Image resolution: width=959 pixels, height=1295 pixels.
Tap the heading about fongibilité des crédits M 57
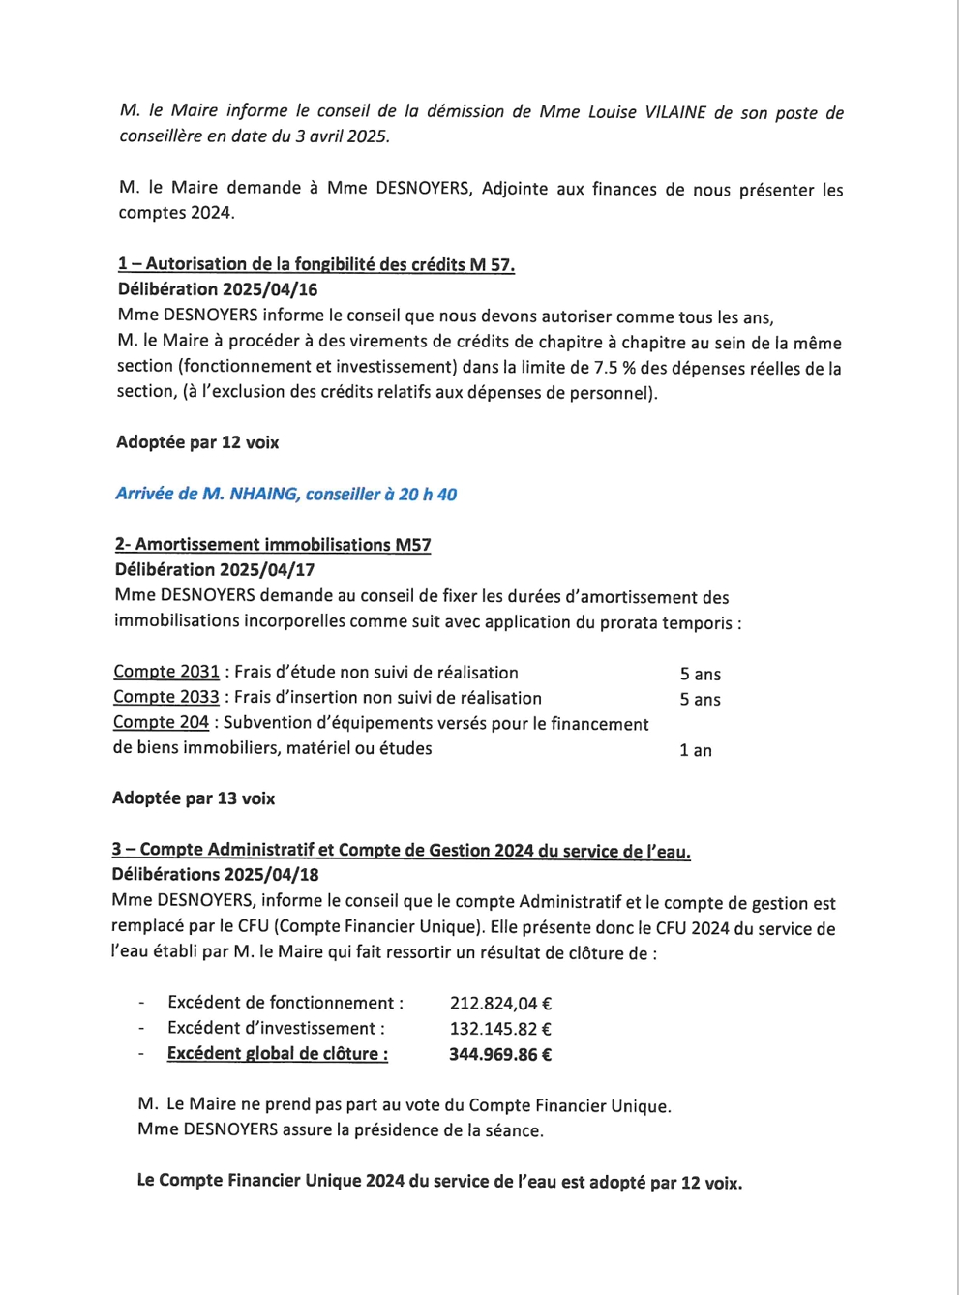316,264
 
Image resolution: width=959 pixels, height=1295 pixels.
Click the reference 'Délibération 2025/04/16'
218,289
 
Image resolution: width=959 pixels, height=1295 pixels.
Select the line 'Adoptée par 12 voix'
197,442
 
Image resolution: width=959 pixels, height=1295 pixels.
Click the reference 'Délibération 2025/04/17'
215,570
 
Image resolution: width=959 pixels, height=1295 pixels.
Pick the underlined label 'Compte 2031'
166,672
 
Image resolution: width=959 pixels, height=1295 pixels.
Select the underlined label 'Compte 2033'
166,697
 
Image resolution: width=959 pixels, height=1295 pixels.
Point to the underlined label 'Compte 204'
161,722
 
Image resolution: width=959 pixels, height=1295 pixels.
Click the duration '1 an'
696,750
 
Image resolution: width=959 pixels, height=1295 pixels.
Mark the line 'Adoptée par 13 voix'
194,798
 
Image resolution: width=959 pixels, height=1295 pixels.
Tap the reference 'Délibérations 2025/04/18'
215,875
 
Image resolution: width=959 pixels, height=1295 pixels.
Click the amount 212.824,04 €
500,1004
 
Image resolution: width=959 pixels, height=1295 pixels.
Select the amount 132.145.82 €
500,1029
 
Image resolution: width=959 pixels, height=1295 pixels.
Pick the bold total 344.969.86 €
500,1054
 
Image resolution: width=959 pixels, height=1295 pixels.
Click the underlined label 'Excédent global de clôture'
278,1054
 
